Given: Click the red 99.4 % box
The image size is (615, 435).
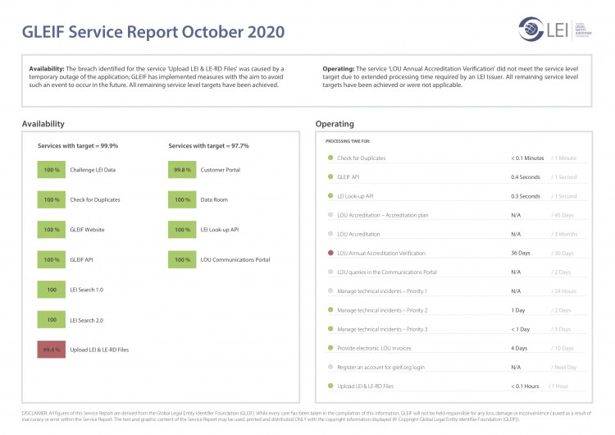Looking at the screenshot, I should click(x=52, y=350).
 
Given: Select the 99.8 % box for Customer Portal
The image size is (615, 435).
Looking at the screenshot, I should click(x=182, y=169).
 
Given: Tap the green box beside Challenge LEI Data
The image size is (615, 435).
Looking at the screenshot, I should click(x=52, y=169).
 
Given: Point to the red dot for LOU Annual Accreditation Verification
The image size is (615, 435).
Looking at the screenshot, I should click(x=330, y=253).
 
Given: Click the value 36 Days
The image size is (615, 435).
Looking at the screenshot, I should click(x=520, y=253).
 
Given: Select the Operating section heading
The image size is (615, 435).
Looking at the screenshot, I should click(x=335, y=124).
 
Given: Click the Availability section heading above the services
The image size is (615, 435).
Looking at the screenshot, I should click(x=43, y=124).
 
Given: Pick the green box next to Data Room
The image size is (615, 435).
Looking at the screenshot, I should click(x=182, y=199).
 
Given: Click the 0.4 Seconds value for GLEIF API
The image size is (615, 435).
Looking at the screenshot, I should click(x=525, y=177).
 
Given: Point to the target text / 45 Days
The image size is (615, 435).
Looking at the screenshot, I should click(x=563, y=215).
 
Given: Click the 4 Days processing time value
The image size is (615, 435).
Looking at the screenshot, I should click(x=518, y=348).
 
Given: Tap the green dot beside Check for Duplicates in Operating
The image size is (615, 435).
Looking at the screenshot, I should click(x=330, y=158).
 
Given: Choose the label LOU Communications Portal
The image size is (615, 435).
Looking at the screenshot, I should click(x=235, y=259).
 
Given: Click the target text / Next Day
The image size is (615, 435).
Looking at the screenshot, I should click(x=564, y=367).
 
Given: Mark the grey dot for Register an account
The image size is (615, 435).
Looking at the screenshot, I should click(x=330, y=367).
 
